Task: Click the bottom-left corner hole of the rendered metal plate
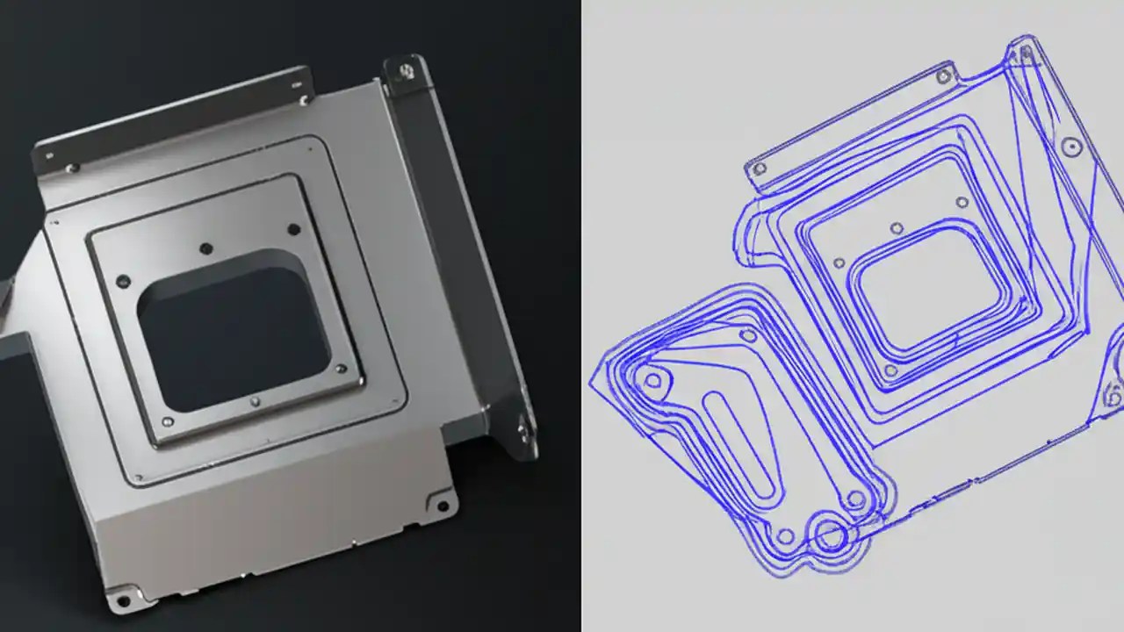coord(123,600)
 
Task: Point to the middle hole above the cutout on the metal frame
coord(205,248)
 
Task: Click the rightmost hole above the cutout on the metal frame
coord(293,229)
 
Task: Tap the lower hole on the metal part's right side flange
coord(523,429)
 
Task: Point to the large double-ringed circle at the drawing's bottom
coord(829,533)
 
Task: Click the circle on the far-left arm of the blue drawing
coord(652,380)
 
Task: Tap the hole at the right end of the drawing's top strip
coord(944,76)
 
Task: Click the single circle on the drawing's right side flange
coord(1070,147)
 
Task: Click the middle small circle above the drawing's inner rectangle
coord(897,228)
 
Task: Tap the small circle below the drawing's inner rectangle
coord(890,371)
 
